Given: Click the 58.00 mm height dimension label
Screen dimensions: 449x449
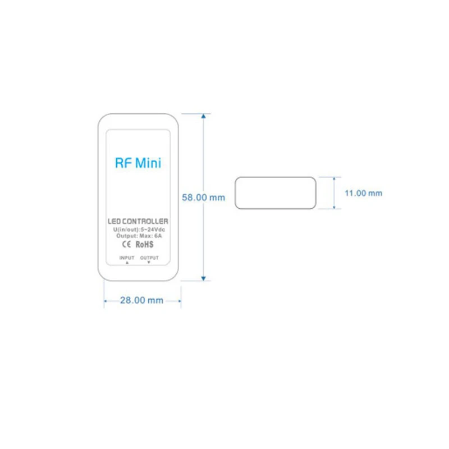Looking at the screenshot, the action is click(203, 198).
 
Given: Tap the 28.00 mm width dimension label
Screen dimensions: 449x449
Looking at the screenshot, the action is click(141, 300).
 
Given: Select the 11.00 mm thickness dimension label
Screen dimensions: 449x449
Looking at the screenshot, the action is click(363, 193).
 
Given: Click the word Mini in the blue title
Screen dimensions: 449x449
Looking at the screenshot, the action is click(148, 163).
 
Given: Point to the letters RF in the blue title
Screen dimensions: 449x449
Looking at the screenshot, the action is click(123, 163).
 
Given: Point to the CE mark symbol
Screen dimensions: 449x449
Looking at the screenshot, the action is click(126, 245).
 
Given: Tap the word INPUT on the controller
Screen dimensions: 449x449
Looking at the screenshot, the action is click(126, 258).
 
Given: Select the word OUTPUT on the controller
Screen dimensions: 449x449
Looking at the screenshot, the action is click(149, 258).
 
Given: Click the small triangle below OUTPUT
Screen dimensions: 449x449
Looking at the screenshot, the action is click(149, 262).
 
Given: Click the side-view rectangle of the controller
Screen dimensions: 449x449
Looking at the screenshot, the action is click(275, 193).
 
